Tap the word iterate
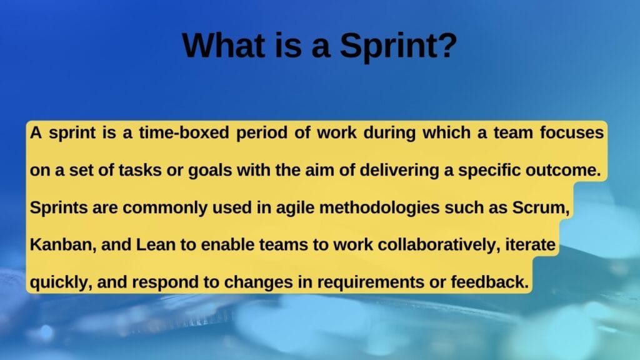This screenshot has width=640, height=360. (529, 246)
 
